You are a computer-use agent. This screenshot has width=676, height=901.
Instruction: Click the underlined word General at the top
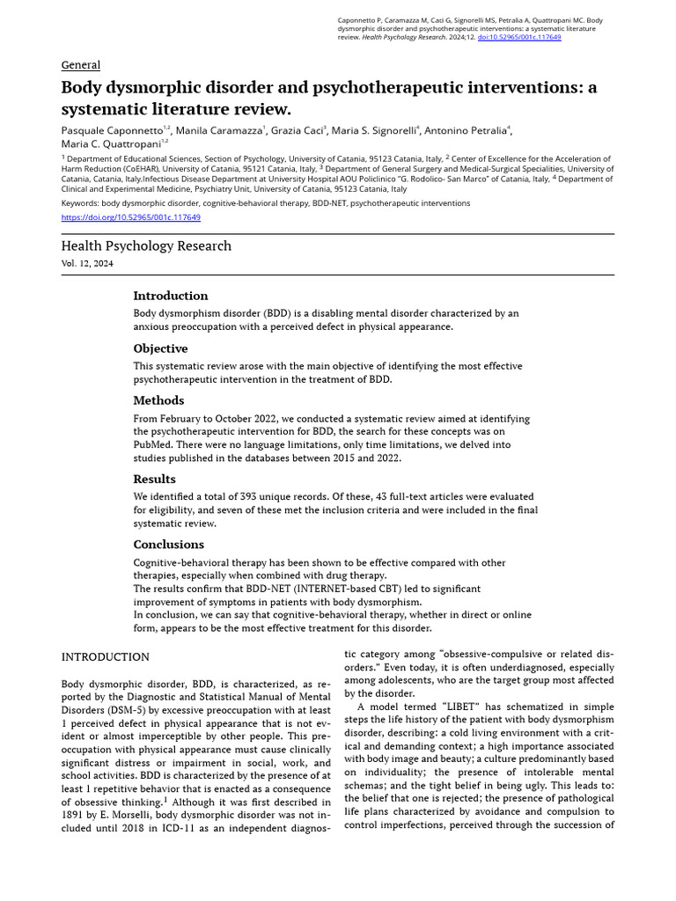pyautogui.click(x=80, y=65)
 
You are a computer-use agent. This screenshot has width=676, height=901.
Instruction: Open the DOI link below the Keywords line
pyautogui.click(x=130, y=217)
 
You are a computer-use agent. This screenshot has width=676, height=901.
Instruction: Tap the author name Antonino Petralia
pyautogui.click(x=465, y=130)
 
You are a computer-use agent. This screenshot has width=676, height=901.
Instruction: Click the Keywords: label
pyautogui.click(x=79, y=203)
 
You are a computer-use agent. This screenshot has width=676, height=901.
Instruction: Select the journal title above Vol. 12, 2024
pyautogui.click(x=146, y=246)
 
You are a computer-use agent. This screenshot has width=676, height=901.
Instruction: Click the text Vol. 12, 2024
pyautogui.click(x=87, y=264)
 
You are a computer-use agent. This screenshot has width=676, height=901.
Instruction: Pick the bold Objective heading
pyautogui.click(x=160, y=348)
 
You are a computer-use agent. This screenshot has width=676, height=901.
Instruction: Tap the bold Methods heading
pyautogui.click(x=158, y=401)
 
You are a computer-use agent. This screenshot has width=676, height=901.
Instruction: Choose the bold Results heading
pyautogui.click(x=155, y=480)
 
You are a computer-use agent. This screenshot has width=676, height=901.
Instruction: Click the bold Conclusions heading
pyautogui.click(x=168, y=545)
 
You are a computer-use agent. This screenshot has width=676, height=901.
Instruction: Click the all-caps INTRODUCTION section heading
pyautogui.click(x=105, y=657)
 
